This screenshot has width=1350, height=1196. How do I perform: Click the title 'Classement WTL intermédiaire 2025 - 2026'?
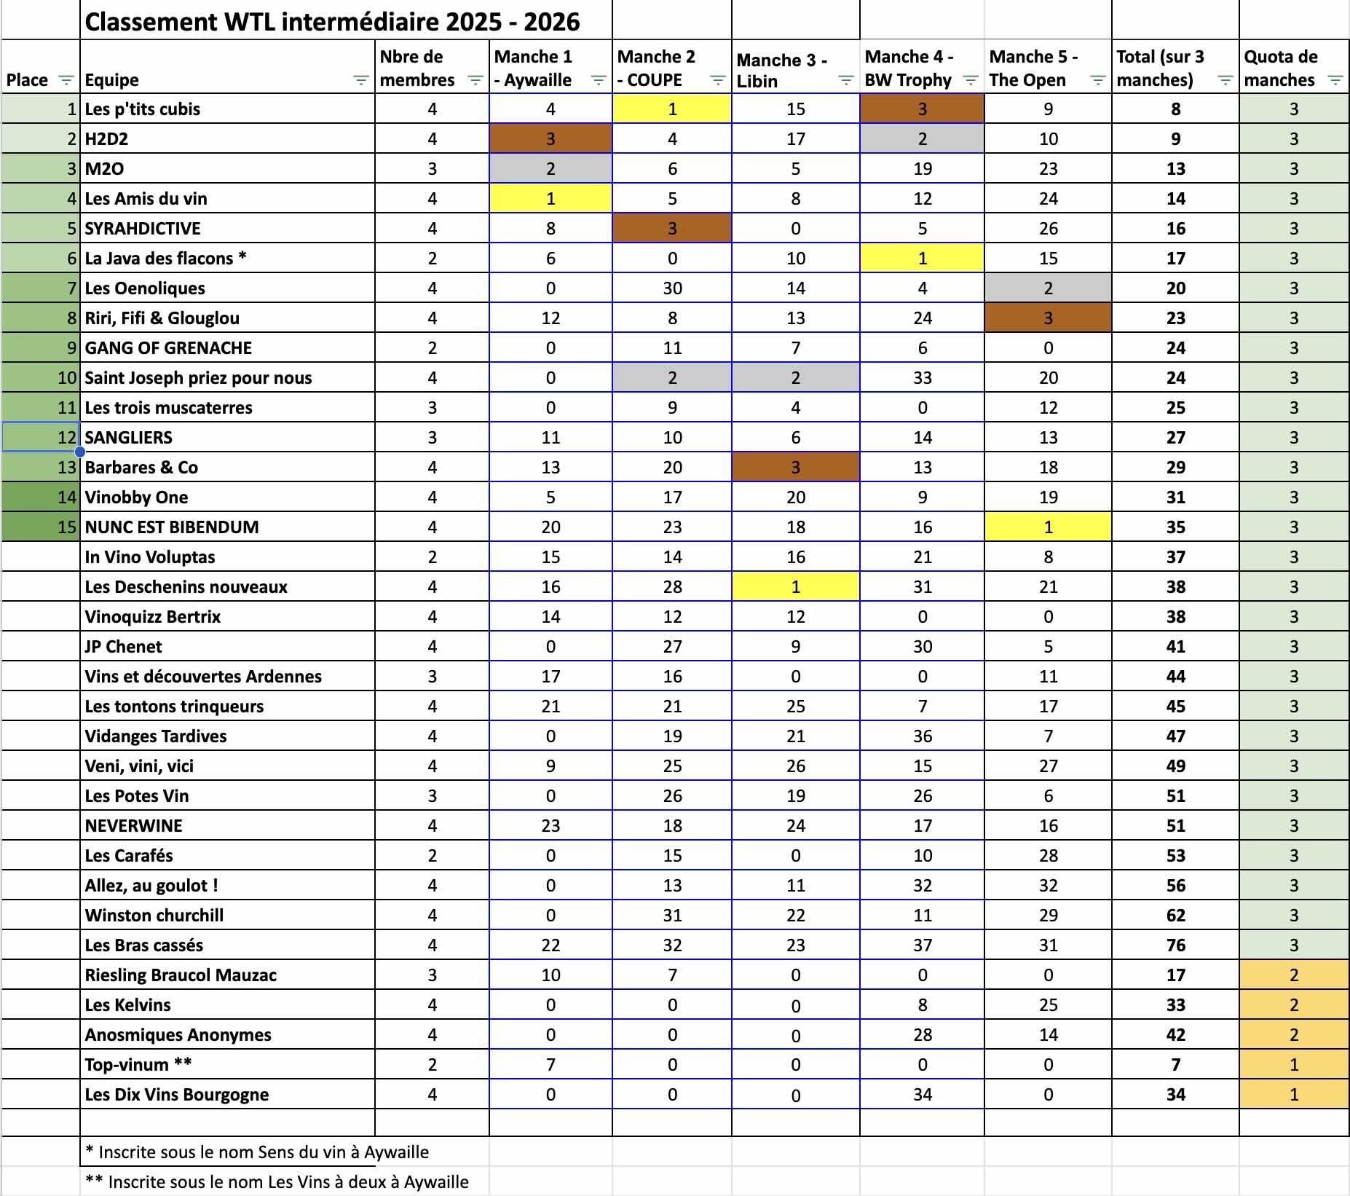click(332, 22)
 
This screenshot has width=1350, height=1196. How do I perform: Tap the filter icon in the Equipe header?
click(360, 80)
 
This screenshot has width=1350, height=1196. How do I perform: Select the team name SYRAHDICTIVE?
click(143, 229)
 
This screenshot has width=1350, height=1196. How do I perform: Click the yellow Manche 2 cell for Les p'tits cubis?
click(672, 109)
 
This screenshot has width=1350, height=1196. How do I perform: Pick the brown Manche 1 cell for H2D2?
click(550, 139)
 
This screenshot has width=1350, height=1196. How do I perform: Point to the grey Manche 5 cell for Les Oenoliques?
click(1048, 288)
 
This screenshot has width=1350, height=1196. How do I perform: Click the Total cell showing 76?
click(1175, 945)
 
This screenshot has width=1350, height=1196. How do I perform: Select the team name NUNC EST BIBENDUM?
click(172, 527)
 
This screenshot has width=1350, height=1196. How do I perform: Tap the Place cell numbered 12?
click(42, 438)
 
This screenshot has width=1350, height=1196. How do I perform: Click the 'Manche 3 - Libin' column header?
click(781, 70)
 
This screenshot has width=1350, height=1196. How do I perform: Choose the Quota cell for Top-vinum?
click(1293, 1065)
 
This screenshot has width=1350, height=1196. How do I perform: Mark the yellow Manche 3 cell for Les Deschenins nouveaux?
click(795, 587)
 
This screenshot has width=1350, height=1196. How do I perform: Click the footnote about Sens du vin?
click(257, 1152)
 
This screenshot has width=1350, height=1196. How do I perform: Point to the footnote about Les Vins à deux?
click(277, 1182)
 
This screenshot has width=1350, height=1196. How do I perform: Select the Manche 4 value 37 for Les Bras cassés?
click(922, 945)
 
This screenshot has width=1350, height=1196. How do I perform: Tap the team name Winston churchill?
click(154, 916)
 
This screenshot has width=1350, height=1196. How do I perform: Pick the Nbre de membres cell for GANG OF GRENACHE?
click(432, 348)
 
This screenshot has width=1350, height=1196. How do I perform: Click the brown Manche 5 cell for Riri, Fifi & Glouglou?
click(1048, 318)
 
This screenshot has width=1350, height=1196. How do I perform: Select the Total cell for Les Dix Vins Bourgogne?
click(1175, 1095)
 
